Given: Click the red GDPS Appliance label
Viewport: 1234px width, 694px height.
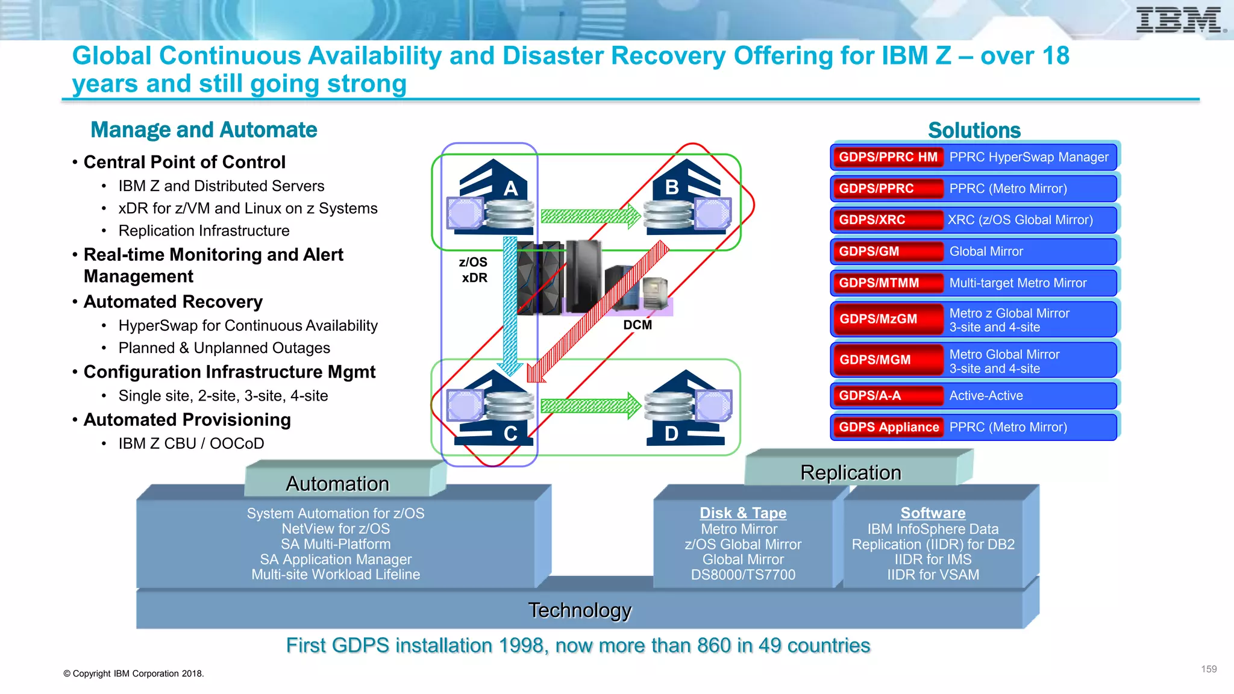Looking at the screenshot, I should tap(888, 427).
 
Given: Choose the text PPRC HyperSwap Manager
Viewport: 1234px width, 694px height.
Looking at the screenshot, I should tap(1029, 157).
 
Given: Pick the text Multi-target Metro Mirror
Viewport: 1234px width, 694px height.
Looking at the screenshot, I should tap(1018, 283).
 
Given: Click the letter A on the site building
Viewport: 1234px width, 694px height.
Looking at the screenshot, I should tap(510, 189).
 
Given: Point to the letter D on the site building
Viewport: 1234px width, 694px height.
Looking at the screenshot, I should tap(671, 434).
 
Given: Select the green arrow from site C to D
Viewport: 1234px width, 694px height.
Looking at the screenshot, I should tap(590, 406).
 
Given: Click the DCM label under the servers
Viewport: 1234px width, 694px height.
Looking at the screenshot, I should tap(637, 325).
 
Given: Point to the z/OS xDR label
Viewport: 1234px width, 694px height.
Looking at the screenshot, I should tap(474, 270).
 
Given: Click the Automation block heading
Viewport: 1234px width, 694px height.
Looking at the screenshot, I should tap(337, 484).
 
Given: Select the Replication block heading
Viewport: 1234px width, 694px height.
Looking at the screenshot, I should tap(850, 473).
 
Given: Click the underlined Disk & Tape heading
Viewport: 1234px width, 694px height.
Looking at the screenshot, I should tap(743, 513).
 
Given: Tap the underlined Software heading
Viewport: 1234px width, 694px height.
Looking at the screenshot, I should tap(933, 513).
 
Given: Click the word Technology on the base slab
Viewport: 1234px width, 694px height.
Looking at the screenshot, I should tap(580, 610).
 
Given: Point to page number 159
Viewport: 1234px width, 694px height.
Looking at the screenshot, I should tap(1209, 669).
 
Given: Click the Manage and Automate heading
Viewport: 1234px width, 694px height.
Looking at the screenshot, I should tap(204, 130).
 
